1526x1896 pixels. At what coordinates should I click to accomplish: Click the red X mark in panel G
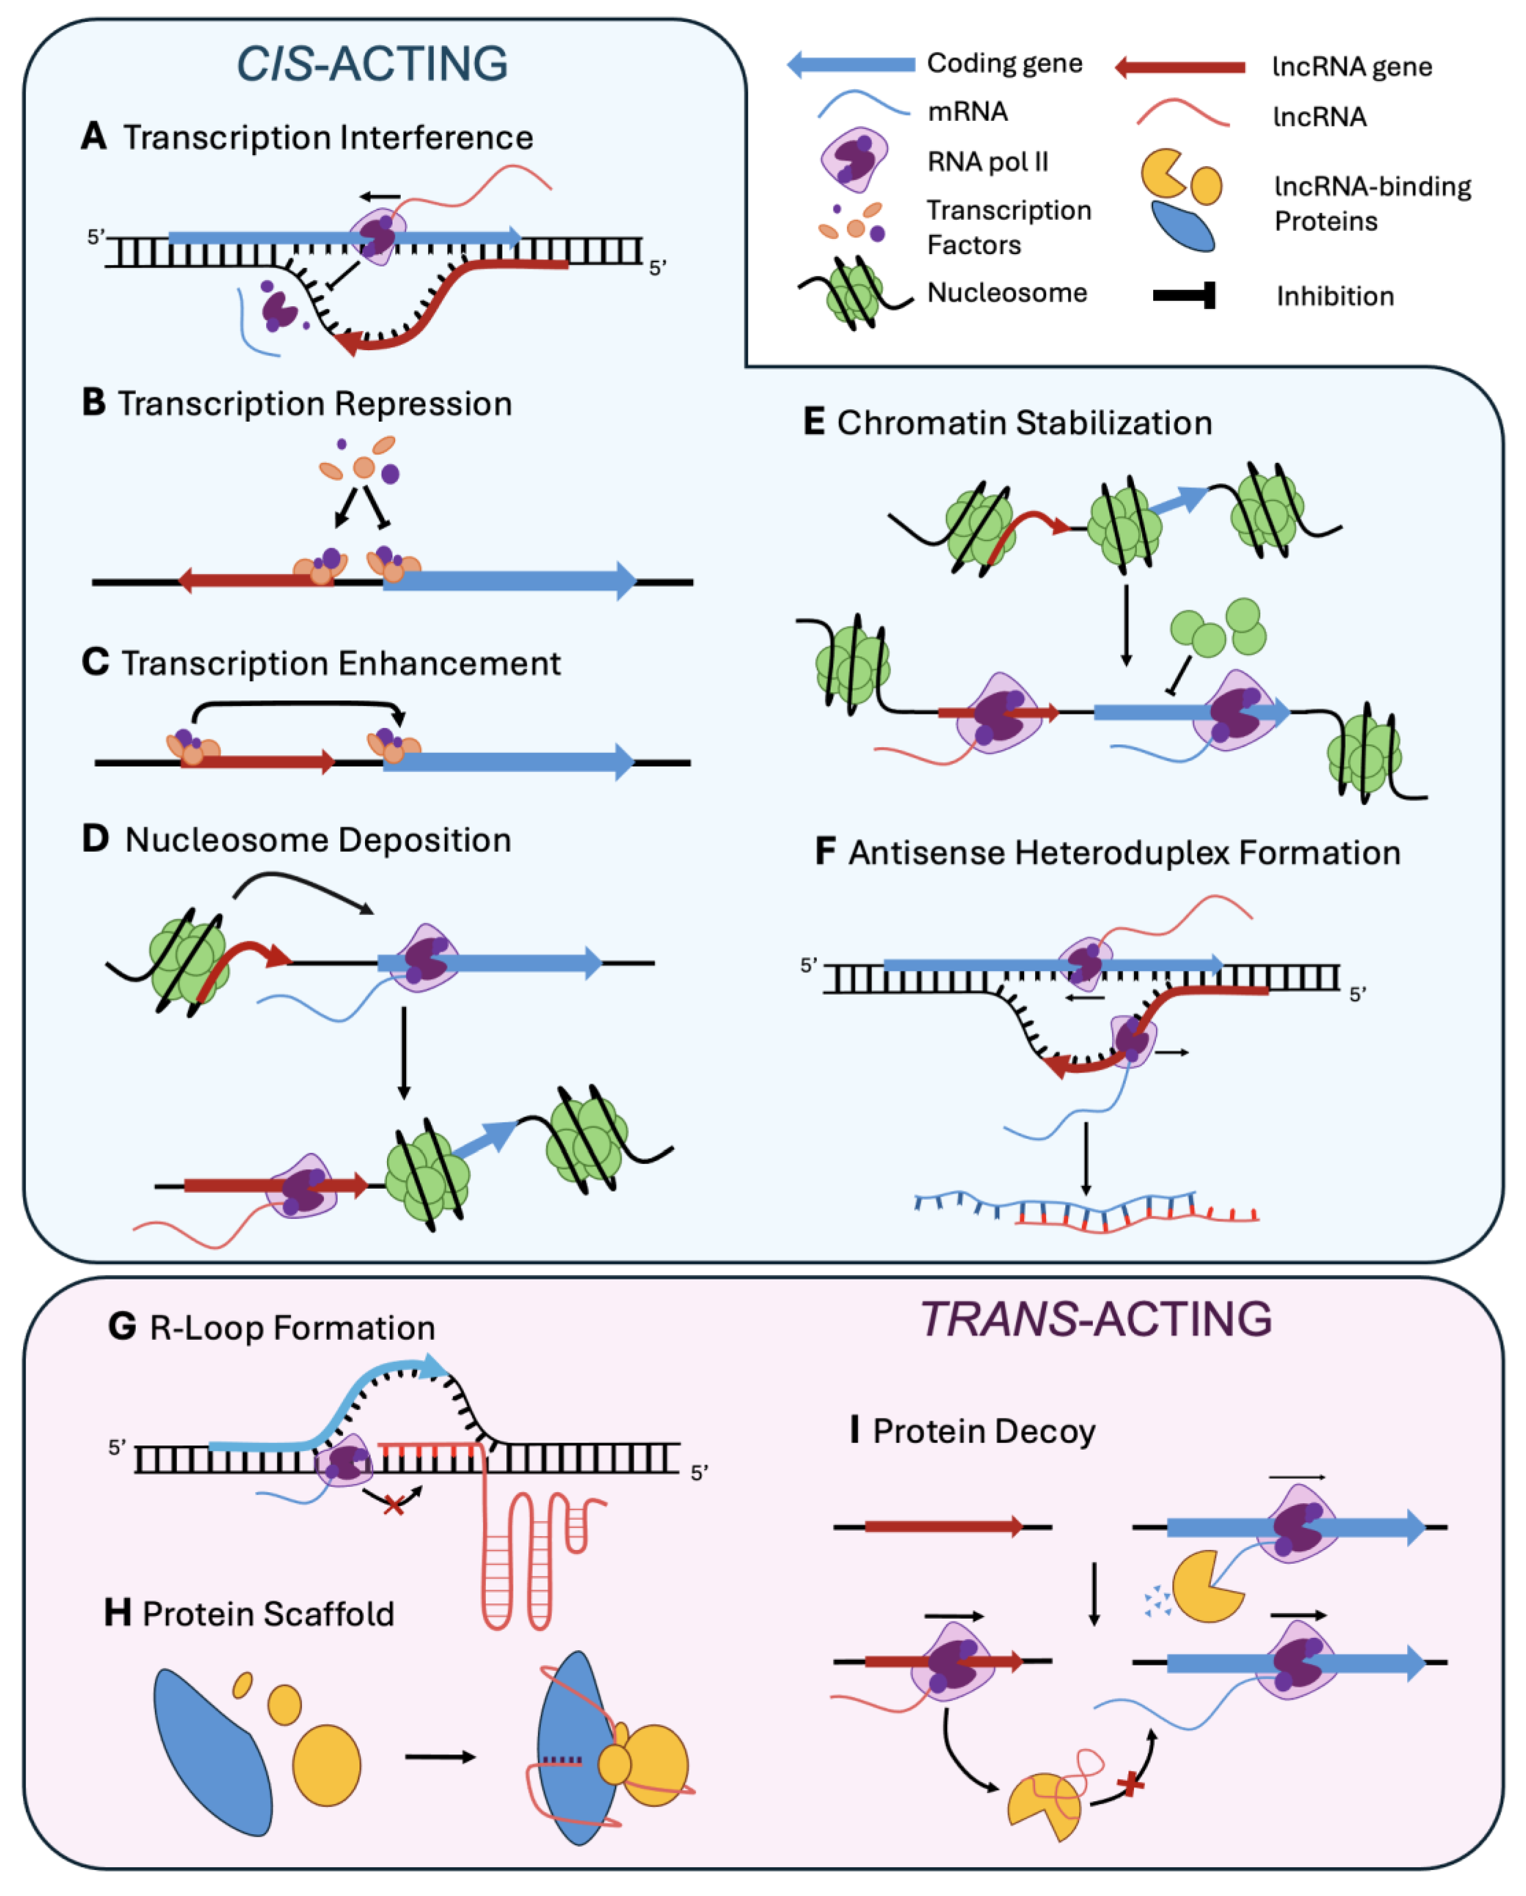point(393,1506)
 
